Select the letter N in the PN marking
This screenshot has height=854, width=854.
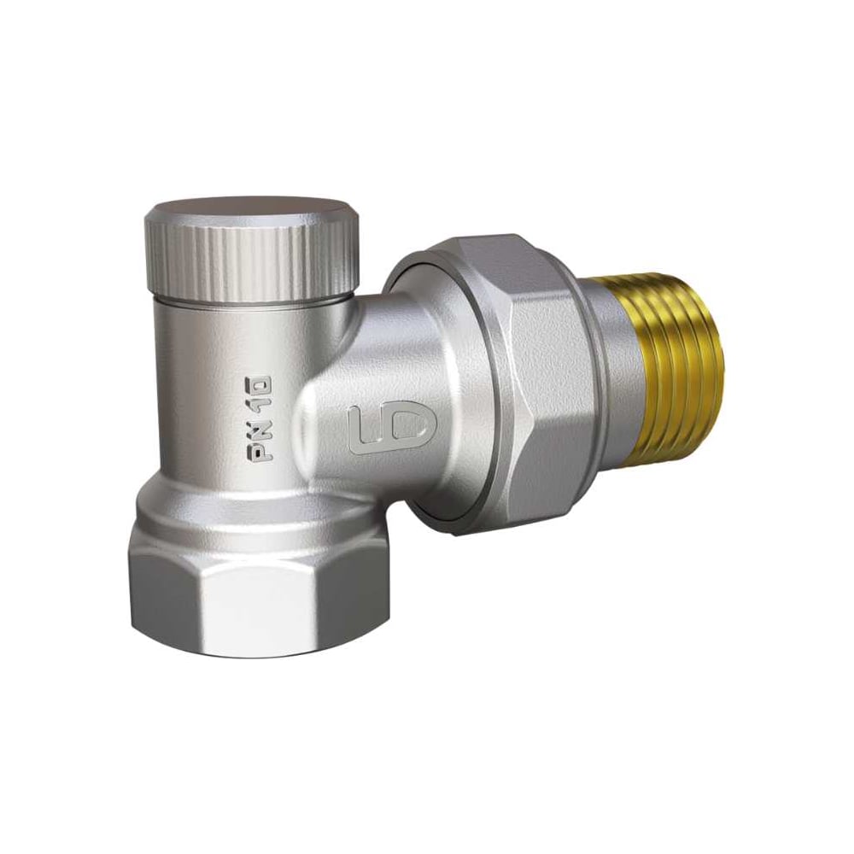(261, 430)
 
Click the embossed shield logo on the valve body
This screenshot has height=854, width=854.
(392, 430)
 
